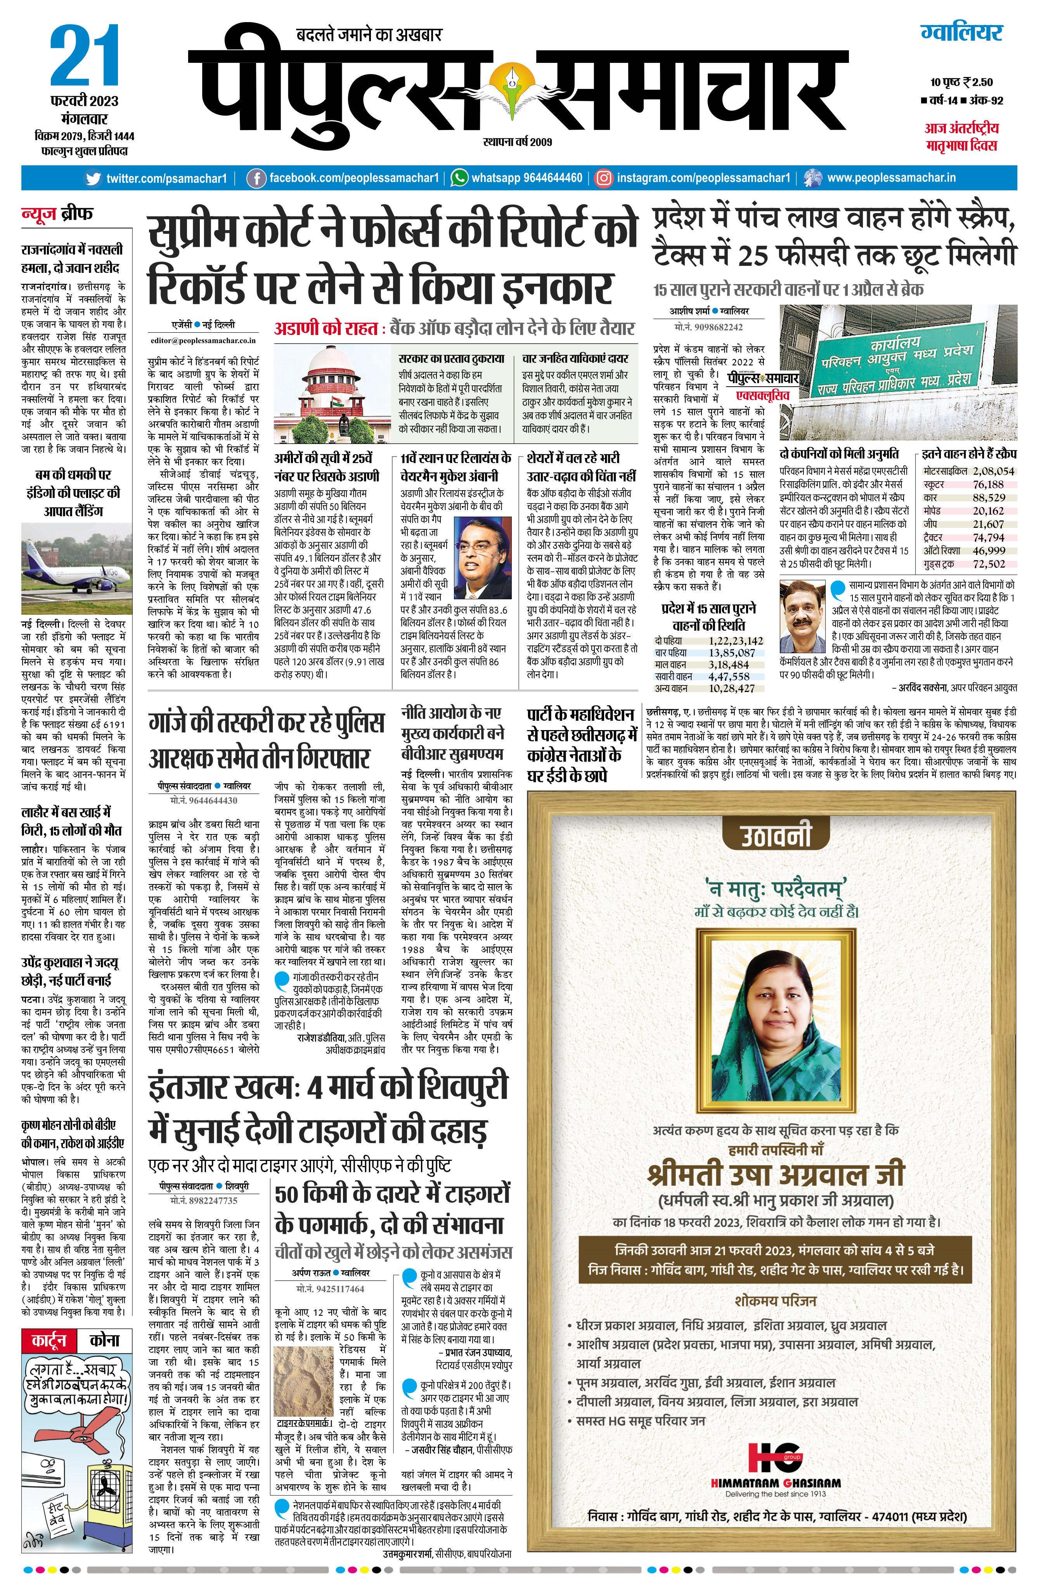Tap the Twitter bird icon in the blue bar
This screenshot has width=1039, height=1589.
94,178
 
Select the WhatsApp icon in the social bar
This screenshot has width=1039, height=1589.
459,178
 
